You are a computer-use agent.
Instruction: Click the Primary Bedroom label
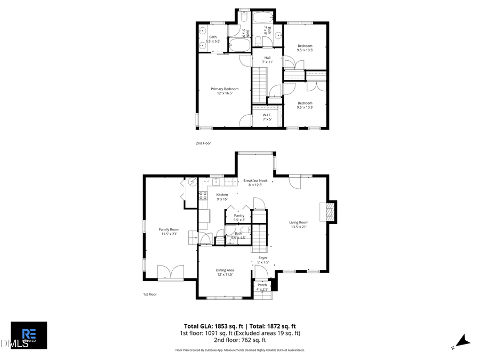click(x=225, y=91)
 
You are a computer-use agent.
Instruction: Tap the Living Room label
click(x=299, y=225)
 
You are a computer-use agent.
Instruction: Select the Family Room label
click(x=169, y=231)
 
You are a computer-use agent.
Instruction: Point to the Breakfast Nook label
click(x=255, y=183)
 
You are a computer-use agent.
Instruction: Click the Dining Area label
click(x=225, y=272)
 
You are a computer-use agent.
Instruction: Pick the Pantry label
click(x=239, y=218)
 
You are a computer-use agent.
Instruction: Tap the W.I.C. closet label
click(x=267, y=117)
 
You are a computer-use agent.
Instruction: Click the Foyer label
click(x=263, y=260)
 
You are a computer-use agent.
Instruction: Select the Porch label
click(x=262, y=287)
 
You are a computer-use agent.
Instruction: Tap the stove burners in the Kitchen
click(x=203, y=196)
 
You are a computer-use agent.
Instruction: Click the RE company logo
click(x=29, y=335)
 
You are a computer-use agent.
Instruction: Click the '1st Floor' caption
click(x=150, y=294)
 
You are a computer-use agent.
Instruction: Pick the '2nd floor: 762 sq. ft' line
click(x=240, y=340)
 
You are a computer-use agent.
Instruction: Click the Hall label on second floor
click(x=267, y=60)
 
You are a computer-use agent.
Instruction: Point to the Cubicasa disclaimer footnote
click(x=240, y=350)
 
